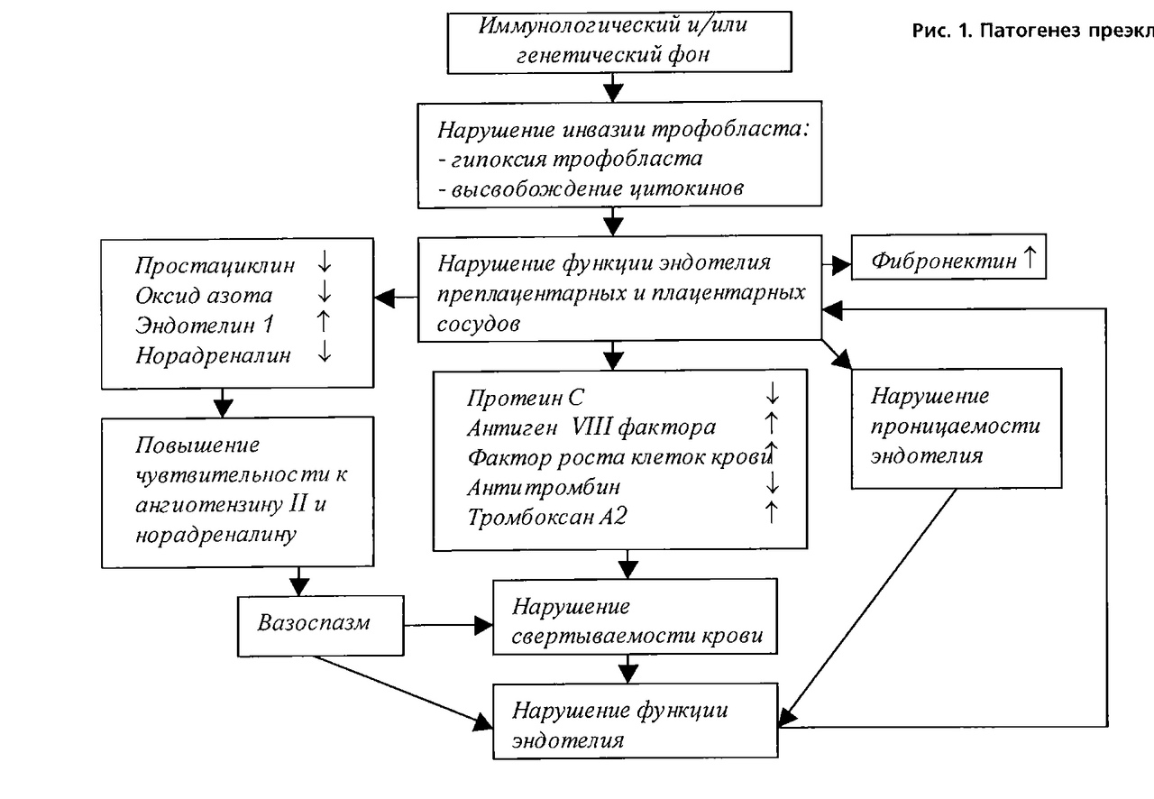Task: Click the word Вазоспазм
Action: tap(314, 623)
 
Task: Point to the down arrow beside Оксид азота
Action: tap(325, 295)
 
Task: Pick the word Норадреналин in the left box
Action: tap(215, 354)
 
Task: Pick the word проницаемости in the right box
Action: tap(955, 425)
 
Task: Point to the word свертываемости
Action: tap(589, 635)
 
